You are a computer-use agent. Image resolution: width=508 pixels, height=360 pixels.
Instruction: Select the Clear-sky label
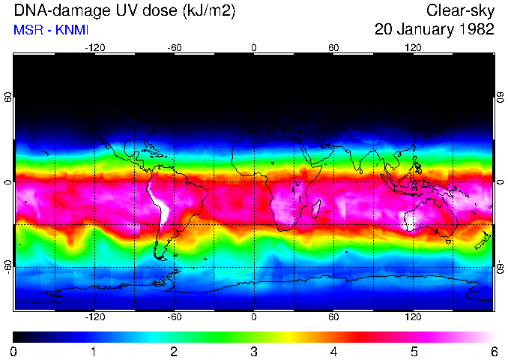(x=460, y=11)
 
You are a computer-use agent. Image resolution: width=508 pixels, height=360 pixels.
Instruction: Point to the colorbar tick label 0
(x=14, y=352)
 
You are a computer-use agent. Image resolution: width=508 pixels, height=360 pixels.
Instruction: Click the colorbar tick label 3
(x=254, y=352)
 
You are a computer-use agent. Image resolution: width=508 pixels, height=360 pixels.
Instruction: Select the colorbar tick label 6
(x=493, y=352)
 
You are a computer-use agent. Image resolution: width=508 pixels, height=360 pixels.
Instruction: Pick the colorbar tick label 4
(x=333, y=352)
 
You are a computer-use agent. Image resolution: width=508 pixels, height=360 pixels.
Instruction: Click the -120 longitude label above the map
(x=94, y=48)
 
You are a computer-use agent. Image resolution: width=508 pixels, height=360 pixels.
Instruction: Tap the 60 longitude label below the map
(x=333, y=317)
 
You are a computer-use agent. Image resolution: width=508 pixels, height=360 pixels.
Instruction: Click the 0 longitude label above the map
(x=254, y=48)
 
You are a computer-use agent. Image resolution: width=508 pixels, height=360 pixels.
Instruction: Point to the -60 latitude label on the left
(x=8, y=266)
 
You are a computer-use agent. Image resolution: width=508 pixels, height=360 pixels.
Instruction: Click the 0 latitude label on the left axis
(x=8, y=182)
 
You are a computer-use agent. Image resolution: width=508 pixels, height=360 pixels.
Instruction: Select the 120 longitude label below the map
(x=413, y=317)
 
